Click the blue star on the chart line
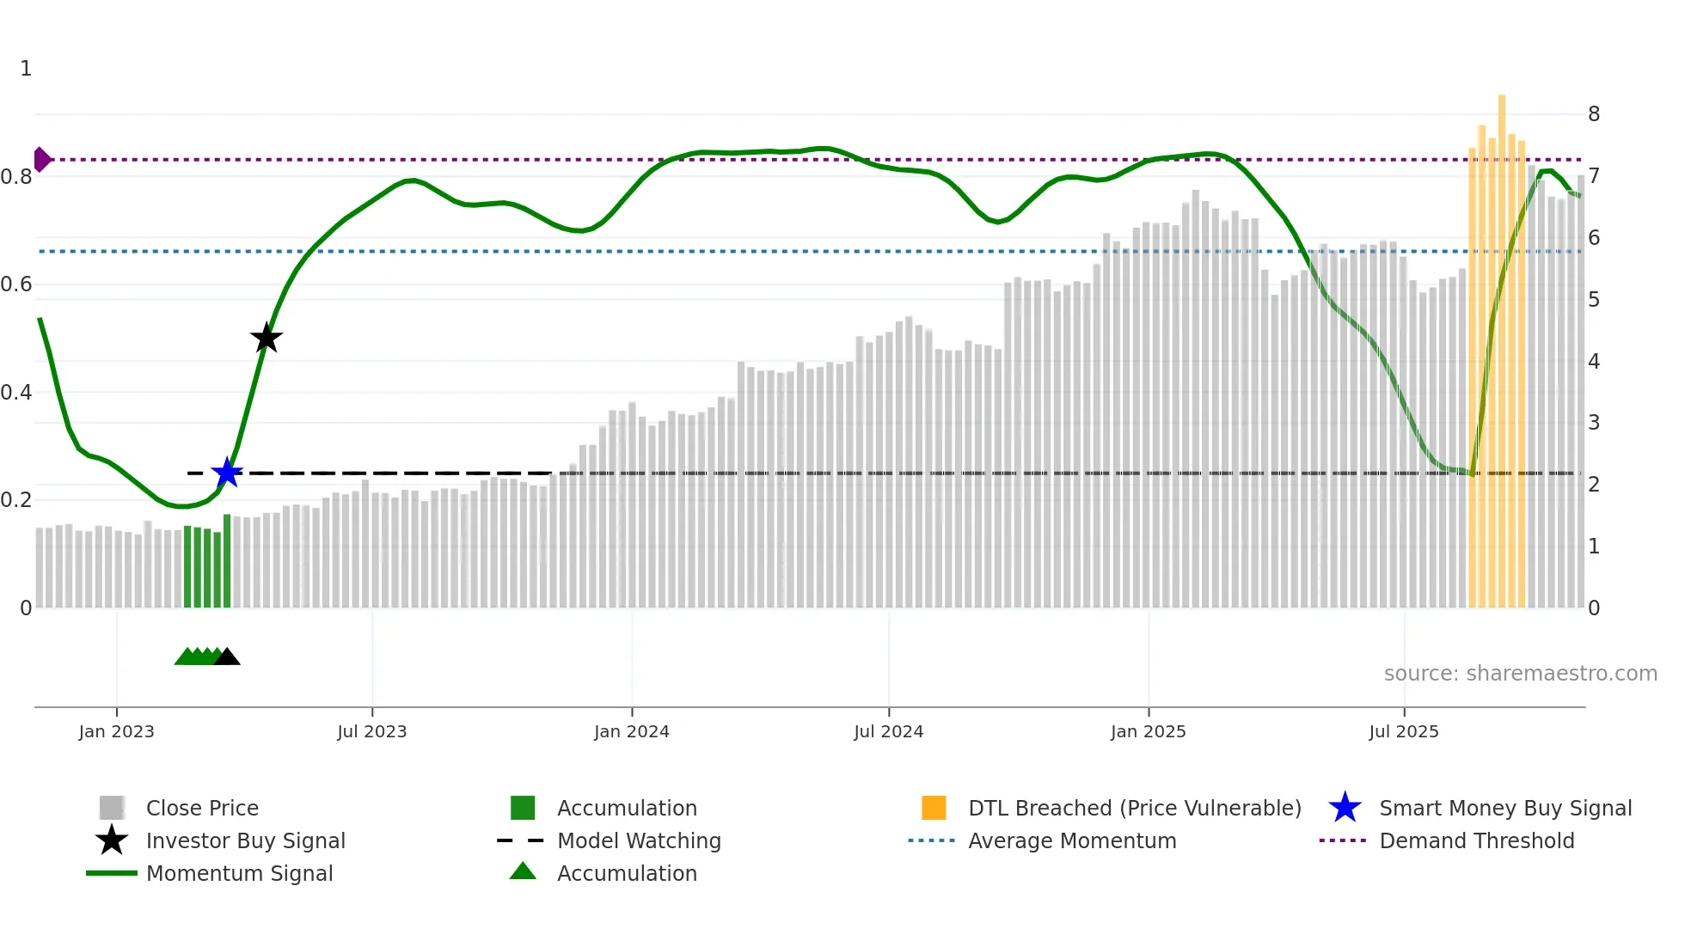click(x=227, y=473)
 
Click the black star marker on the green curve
click(x=267, y=339)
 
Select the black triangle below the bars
click(x=227, y=657)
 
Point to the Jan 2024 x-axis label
click(x=631, y=732)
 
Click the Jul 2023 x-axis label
click(x=371, y=732)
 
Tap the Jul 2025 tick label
click(x=1403, y=732)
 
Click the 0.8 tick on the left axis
click(x=17, y=177)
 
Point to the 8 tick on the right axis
click(x=1593, y=114)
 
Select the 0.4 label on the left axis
click(x=17, y=393)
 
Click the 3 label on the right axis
click(x=1593, y=423)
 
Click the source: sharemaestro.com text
click(x=1520, y=674)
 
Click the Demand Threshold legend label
click(x=1476, y=841)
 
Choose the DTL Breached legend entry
click(x=1134, y=809)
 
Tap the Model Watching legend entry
click(x=638, y=841)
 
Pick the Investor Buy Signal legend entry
click(x=245, y=841)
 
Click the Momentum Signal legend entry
click(x=239, y=874)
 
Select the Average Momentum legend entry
click(x=1071, y=841)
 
